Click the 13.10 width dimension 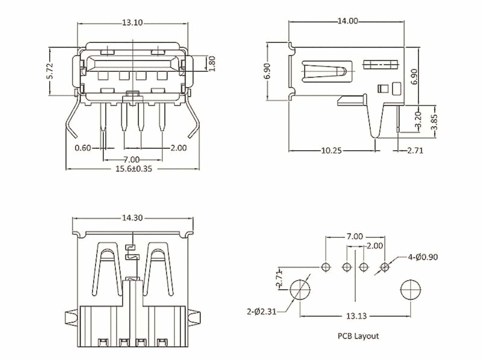tap(132, 23)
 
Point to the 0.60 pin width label tap(83, 148)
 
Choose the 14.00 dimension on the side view tap(348, 21)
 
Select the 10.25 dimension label tap(331, 150)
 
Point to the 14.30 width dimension tap(132, 218)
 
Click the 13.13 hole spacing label tap(356, 316)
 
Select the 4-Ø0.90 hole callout tap(423, 257)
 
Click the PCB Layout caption tap(358, 336)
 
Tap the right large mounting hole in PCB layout tap(411, 290)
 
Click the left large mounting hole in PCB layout tap(300, 290)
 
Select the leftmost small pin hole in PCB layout tap(326, 267)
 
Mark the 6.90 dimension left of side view tap(268, 71)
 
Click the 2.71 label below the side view tap(415, 150)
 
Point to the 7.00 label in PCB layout tap(355, 237)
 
